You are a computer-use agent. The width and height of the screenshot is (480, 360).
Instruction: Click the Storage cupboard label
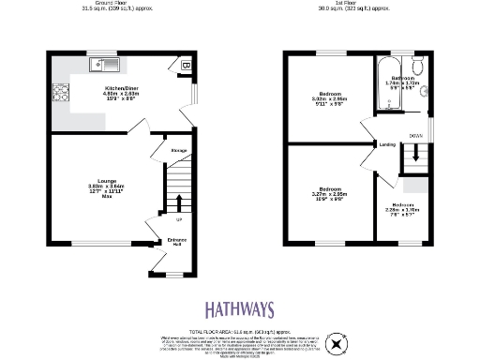tap(179, 149)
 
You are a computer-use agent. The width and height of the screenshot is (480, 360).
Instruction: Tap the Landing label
tap(387, 144)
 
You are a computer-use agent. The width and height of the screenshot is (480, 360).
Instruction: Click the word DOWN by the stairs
tap(414, 135)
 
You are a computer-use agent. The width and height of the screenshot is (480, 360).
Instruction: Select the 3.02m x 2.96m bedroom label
tap(329, 100)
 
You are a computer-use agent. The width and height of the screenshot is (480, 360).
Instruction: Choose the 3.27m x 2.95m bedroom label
tap(329, 195)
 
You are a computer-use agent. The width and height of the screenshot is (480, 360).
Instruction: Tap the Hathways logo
tap(239, 310)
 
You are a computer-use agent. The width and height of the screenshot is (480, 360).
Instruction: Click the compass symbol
tap(336, 345)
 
